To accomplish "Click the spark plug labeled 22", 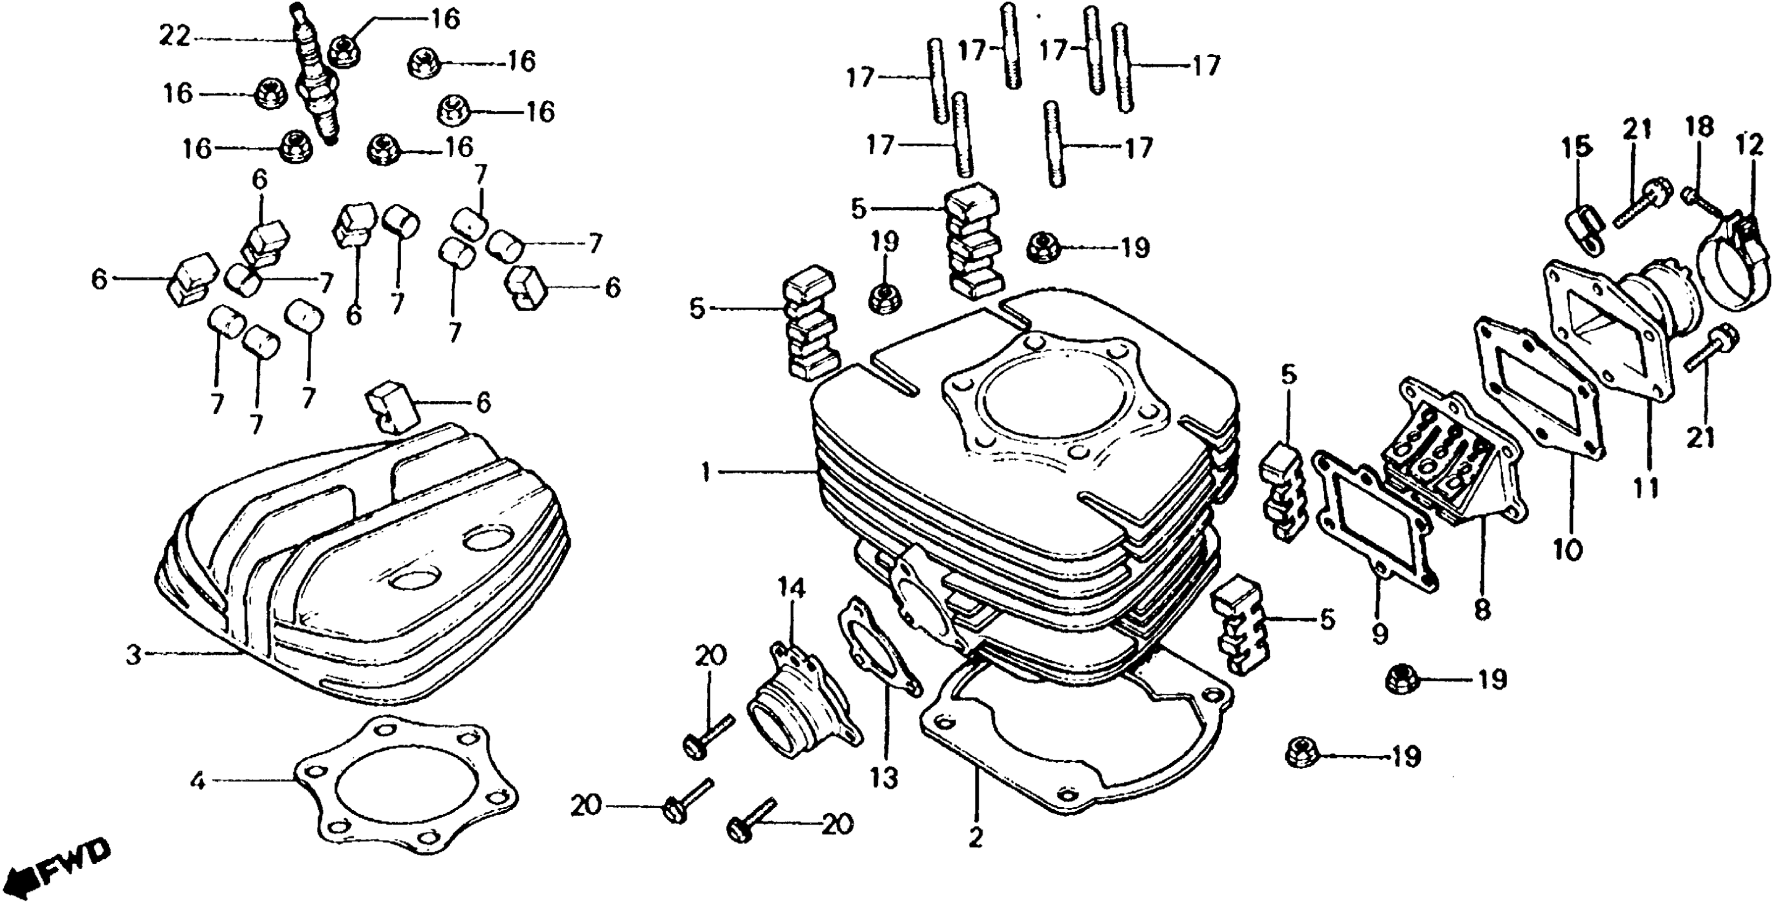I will coord(318,83).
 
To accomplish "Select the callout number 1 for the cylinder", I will coord(705,473).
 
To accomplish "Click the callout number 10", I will coord(1567,551).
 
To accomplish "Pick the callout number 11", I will coord(1646,488).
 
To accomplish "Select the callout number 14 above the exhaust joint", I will coord(792,588).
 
